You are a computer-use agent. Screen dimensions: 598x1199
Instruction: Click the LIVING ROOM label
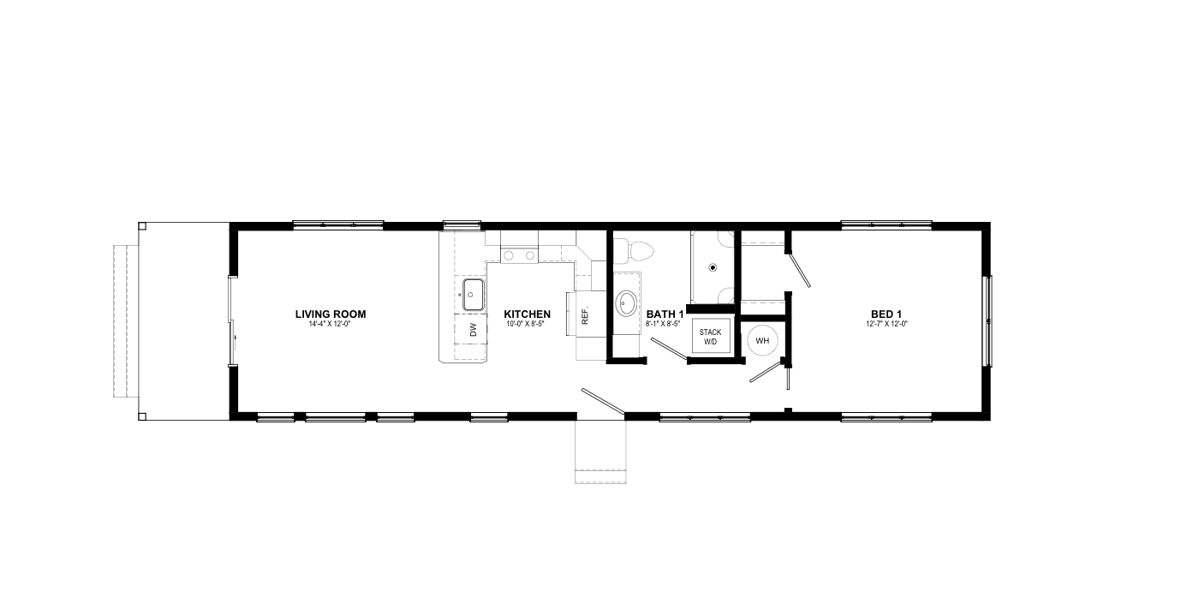[331, 314]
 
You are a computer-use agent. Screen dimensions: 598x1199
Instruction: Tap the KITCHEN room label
[527, 314]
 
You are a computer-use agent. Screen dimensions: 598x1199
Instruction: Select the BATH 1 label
[665, 314]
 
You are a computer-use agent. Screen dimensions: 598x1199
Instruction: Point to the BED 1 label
[886, 314]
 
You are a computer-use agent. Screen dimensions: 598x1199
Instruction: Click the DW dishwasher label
[472, 330]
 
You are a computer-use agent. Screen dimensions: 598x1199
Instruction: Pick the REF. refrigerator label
[585, 315]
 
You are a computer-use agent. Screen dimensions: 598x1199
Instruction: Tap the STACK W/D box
[711, 337]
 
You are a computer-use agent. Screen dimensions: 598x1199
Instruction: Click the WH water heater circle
[762, 340]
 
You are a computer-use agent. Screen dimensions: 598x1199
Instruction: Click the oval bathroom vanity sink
[627, 302]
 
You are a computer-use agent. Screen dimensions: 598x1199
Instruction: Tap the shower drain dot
[712, 266]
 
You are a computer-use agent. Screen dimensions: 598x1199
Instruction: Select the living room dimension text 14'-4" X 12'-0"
[331, 325]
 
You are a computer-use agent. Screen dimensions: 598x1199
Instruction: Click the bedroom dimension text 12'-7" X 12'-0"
[886, 324]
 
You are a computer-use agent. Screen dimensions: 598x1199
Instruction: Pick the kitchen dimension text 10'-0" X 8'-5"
[527, 325]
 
